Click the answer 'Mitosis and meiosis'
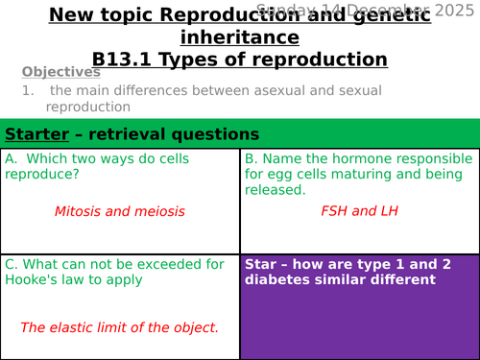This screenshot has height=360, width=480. [x=120, y=211]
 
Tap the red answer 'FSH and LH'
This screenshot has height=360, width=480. [x=359, y=211]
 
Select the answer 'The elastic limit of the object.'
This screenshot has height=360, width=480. [x=120, y=327]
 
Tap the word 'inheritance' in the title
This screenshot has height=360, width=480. [x=240, y=37]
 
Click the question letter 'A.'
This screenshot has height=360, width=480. [x=12, y=158]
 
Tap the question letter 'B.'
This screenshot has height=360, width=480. [x=252, y=158]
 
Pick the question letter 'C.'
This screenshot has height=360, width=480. [x=12, y=264]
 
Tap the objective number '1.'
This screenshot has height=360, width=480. [x=29, y=90]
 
